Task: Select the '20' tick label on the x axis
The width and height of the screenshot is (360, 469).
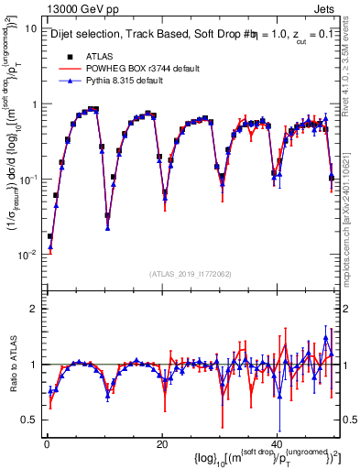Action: click(162, 443)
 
